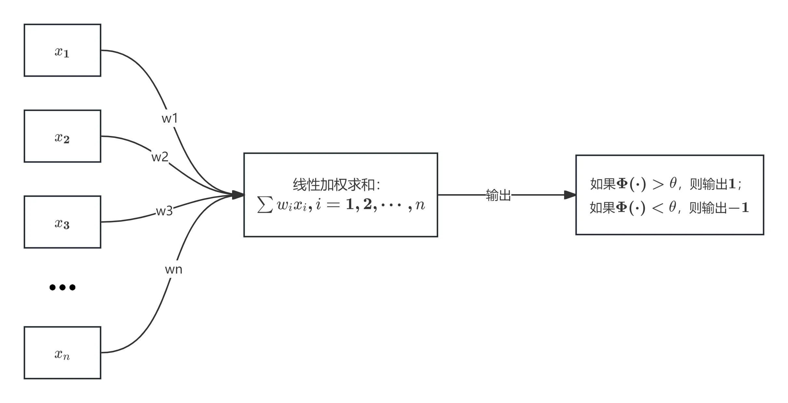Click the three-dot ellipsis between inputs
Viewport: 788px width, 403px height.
(62, 287)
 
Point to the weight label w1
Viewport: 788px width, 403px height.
(170, 118)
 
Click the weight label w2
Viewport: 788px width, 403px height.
(160, 157)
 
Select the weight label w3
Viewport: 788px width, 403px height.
(164, 211)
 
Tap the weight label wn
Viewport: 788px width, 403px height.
(174, 269)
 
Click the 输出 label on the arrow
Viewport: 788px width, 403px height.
(498, 195)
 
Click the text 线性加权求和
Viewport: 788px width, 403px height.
(334, 185)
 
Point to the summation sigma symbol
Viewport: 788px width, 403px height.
(265, 205)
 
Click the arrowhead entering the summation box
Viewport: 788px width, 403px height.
(238, 195)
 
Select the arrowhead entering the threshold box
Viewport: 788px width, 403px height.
(570, 195)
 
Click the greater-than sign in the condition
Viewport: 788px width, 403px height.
(658, 184)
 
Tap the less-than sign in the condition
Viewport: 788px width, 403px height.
(657, 208)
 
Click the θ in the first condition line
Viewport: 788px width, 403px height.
(673, 183)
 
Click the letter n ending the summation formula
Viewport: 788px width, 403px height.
(420, 205)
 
